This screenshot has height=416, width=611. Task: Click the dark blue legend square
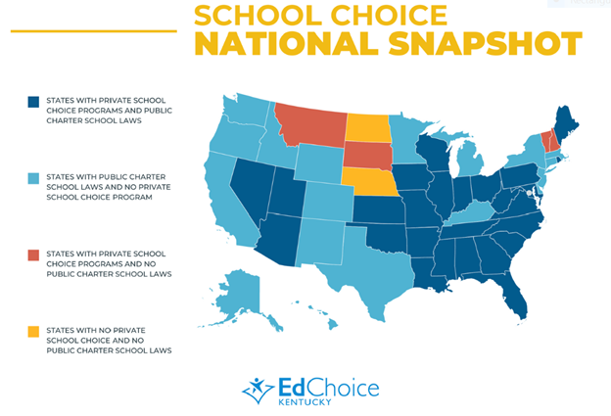pyautogui.click(x=32, y=101)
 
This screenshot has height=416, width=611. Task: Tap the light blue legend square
pyautogui.click(x=32, y=178)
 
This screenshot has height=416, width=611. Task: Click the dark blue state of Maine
pyautogui.click(x=567, y=122)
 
